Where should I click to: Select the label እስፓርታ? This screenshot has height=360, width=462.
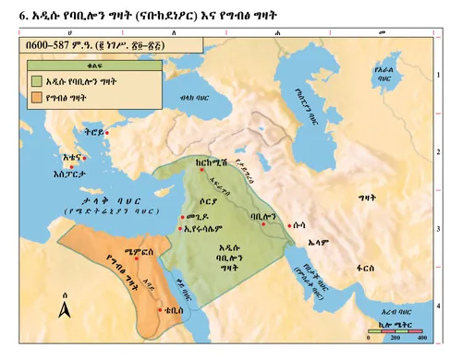[x=68, y=171]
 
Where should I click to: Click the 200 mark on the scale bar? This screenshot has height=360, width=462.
[x=395, y=339]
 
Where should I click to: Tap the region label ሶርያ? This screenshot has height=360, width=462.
[x=211, y=200]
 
